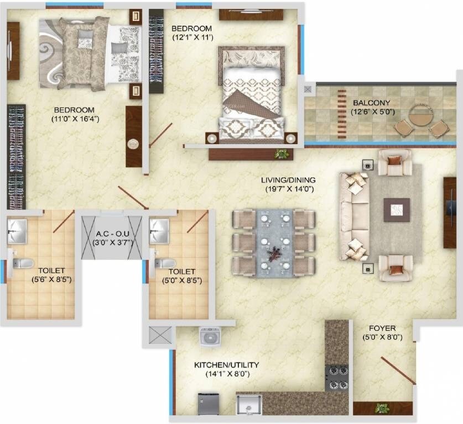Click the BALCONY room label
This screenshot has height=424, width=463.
[x=371, y=102]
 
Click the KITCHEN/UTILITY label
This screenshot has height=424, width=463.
[x=226, y=365]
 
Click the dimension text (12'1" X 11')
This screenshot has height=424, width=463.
[x=192, y=38]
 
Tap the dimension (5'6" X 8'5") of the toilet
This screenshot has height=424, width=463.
[x=51, y=279]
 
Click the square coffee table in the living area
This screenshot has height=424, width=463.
[x=397, y=210]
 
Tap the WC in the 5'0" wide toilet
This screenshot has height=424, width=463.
[x=164, y=263]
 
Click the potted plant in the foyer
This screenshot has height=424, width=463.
[x=381, y=408]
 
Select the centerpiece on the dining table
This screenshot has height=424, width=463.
[x=273, y=255]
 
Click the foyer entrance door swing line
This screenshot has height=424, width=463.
[x=398, y=370]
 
